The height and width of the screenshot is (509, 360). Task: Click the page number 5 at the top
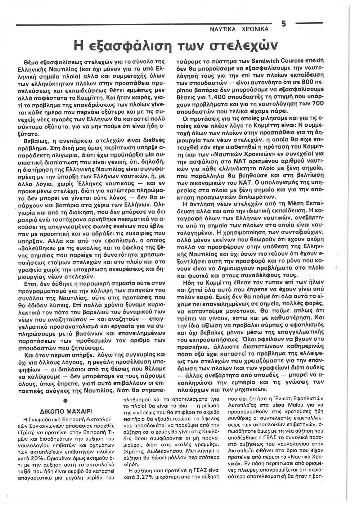[284, 24]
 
